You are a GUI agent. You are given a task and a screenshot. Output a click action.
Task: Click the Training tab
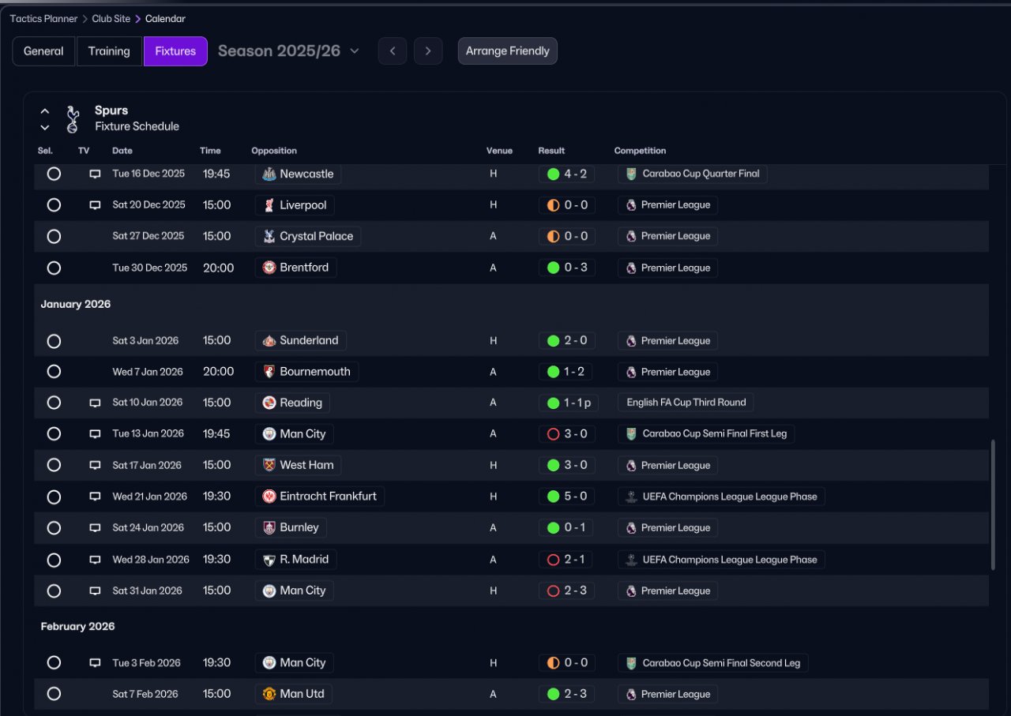coord(109,51)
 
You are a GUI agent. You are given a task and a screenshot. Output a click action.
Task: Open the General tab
coord(43,51)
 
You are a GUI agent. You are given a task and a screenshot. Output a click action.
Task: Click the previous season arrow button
coord(393,51)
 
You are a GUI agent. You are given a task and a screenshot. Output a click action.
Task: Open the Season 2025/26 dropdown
coord(288,51)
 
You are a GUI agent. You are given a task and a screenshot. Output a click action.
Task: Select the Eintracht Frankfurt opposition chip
coord(320,497)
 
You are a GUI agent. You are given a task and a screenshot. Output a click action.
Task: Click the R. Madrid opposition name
coord(303,560)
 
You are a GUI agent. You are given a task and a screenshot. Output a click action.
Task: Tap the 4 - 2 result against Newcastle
coord(567,174)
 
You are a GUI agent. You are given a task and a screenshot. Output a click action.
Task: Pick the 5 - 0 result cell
coord(567,497)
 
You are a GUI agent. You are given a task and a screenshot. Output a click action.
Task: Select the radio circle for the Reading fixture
coord(54,403)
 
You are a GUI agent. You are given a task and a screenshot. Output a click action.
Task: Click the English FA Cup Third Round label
coord(686,403)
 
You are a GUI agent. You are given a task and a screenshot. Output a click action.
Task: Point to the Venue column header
coord(499,151)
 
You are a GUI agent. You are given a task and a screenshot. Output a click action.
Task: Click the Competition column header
coord(640,151)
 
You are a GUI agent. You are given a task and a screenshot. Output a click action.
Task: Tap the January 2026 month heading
coord(76,304)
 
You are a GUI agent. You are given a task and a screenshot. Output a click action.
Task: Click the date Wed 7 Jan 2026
coord(148,372)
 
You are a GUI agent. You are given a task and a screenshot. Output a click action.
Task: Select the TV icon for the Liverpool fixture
coord(95,205)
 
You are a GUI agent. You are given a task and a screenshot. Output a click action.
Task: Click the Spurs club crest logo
coord(73,118)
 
